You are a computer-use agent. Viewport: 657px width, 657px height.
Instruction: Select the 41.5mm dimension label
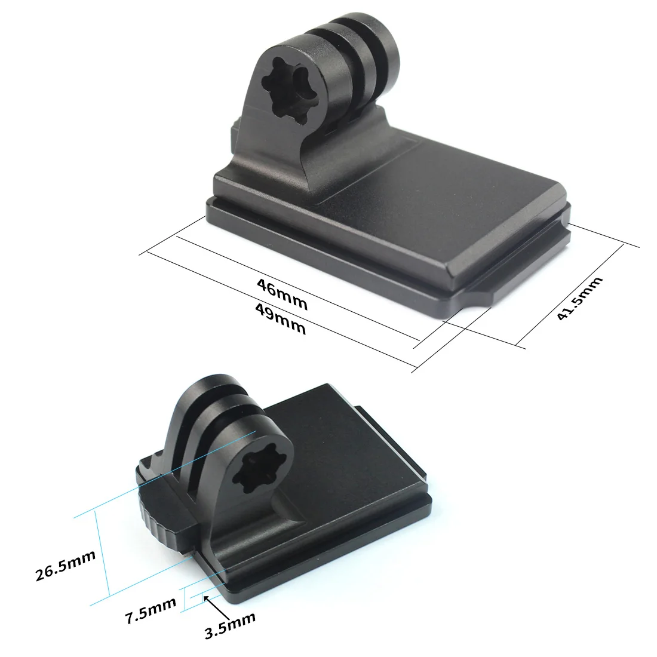tap(579, 298)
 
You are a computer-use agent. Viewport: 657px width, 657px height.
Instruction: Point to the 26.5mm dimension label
tap(66, 566)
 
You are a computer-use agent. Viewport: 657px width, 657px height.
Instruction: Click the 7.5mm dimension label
tap(151, 610)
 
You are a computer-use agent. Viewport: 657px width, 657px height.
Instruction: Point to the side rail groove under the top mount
tap(334, 251)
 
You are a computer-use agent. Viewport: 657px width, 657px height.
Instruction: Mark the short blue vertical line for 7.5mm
tap(184, 598)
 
